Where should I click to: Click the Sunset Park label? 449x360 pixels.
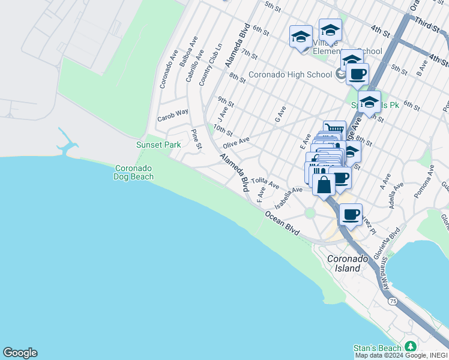[x=158, y=145]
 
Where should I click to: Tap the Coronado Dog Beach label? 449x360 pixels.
[x=134, y=173]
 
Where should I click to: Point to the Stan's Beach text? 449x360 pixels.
[x=377, y=348]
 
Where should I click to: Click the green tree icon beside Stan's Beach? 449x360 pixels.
[x=411, y=347]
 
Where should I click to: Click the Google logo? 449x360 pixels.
[x=20, y=353]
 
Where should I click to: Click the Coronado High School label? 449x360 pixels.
[x=290, y=75]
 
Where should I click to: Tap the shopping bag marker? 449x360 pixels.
[x=324, y=184]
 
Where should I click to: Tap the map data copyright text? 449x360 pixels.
[x=402, y=355]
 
